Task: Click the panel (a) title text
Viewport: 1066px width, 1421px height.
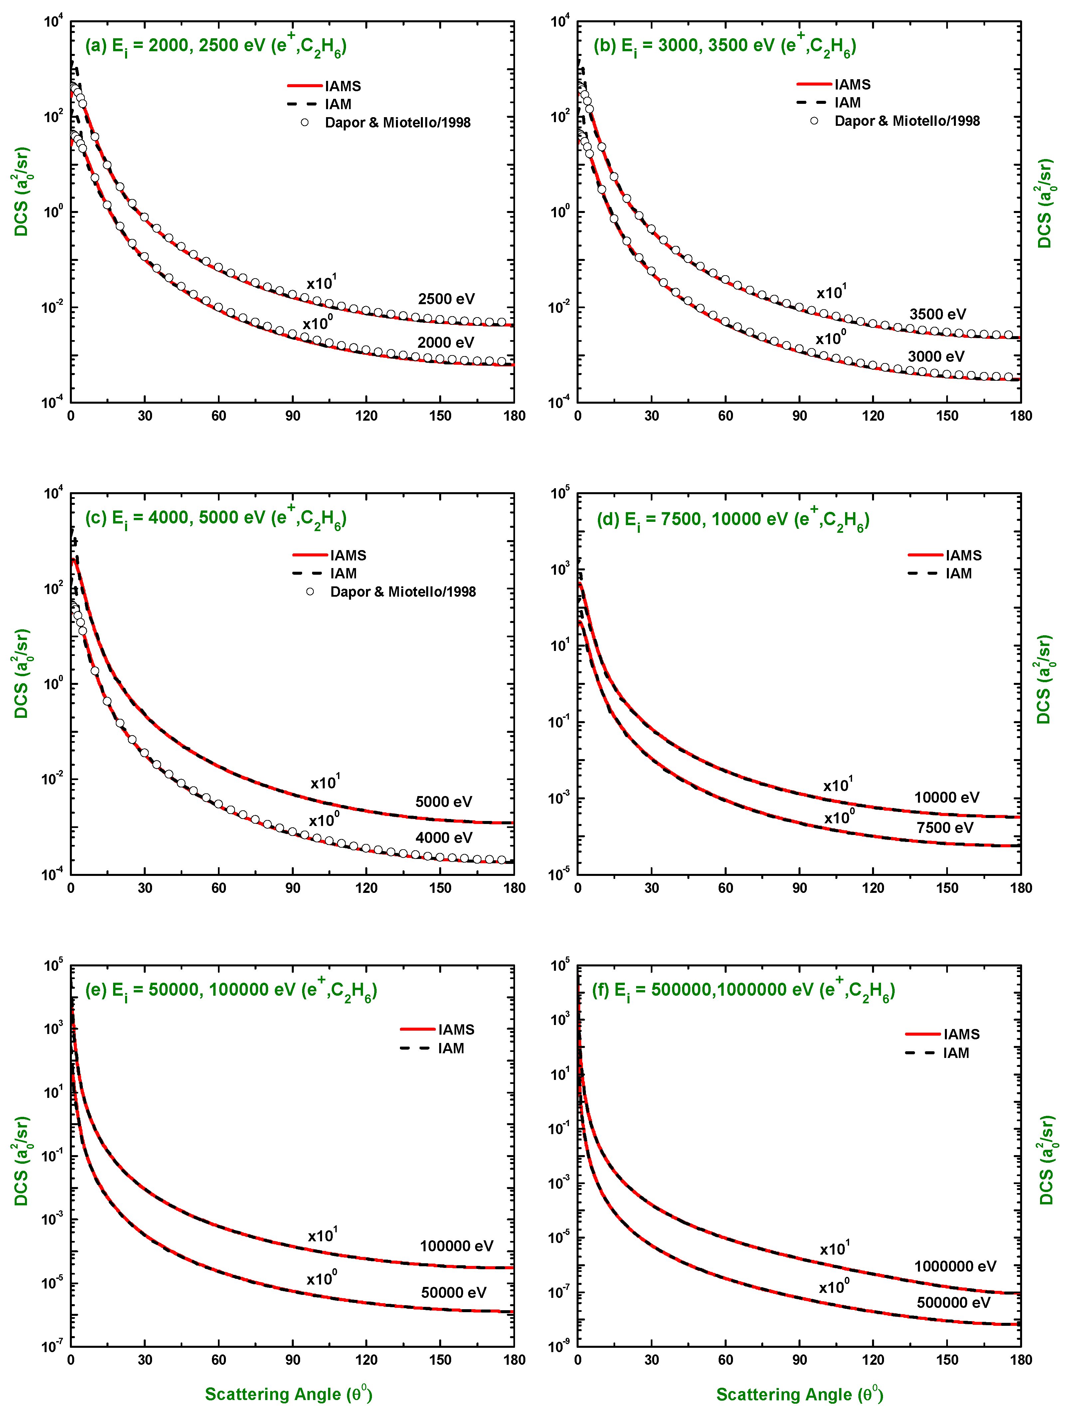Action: click(x=216, y=46)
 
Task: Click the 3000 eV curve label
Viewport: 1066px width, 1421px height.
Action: click(x=936, y=356)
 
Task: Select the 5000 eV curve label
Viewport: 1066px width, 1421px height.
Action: click(x=443, y=802)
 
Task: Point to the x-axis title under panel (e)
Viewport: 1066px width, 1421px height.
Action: click(x=288, y=1394)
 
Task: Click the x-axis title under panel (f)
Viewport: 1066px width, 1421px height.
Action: click(x=799, y=1394)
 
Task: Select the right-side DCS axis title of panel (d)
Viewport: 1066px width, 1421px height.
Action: click(x=1044, y=680)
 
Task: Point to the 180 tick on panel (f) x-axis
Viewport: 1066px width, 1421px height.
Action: click(x=1020, y=1360)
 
